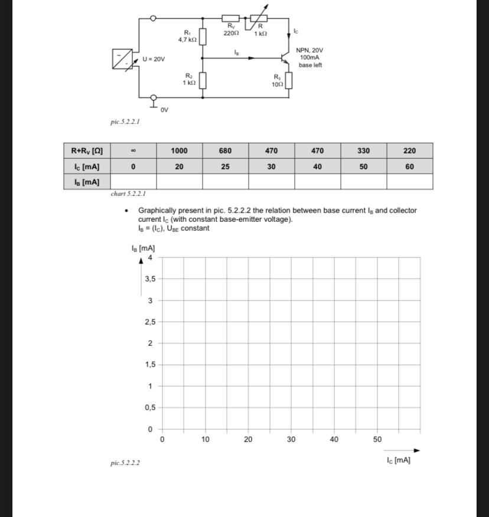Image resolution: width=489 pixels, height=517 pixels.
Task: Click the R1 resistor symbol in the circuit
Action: [203, 37]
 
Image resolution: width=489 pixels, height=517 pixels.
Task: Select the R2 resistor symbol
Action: [203, 80]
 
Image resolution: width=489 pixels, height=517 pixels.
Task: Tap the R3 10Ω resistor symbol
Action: [289, 81]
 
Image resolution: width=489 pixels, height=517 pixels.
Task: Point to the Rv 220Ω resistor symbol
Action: [230, 19]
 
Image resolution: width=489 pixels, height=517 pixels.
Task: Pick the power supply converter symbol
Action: [122, 59]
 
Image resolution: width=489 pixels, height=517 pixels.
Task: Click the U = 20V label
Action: [154, 60]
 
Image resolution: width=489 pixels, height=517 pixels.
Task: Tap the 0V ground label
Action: [165, 110]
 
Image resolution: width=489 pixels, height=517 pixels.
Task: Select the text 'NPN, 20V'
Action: [309, 51]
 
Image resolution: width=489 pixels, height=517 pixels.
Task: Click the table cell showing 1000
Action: [179, 150]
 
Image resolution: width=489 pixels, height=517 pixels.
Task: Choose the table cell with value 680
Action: [225, 150]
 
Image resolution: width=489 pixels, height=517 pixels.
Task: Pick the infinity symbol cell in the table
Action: [133, 150]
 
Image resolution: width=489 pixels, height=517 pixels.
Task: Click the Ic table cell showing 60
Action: [409, 166]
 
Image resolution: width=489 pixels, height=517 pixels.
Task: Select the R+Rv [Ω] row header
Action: [87, 150]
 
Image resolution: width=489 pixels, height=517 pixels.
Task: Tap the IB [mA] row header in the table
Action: [87, 182]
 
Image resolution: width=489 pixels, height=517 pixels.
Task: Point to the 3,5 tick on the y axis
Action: [150, 279]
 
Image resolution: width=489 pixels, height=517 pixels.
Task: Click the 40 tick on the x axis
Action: [334, 440]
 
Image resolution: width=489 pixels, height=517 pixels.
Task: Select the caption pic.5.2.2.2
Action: [125, 463]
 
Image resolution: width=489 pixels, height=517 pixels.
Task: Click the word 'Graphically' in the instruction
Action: [157, 211]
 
